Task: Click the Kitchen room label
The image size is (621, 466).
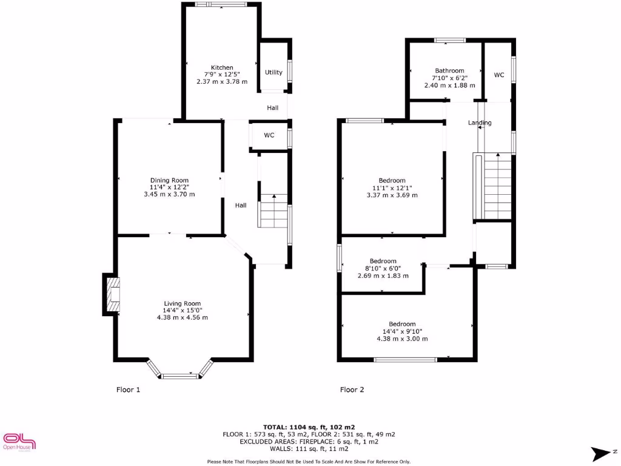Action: [222, 67]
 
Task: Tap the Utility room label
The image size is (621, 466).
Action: [274, 72]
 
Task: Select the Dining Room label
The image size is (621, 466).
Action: [169, 180]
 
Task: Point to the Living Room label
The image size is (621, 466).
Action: [182, 303]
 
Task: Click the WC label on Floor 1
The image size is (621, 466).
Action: [269, 135]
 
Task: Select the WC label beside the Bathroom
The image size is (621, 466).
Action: [498, 75]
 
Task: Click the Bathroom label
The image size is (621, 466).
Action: [449, 71]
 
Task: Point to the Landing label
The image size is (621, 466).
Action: [480, 123]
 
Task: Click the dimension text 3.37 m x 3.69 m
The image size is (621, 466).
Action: [392, 195]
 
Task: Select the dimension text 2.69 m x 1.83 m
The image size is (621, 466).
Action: [383, 275]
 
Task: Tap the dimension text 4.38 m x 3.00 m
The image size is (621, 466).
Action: [402, 339]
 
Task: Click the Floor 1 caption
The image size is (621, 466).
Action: [128, 390]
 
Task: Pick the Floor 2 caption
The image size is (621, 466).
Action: [352, 390]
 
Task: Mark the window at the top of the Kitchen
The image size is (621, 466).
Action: [221, 5]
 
